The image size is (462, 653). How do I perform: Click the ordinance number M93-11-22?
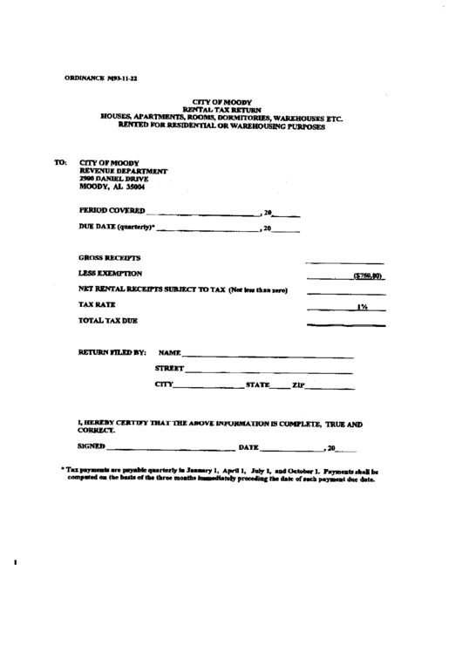coord(122,78)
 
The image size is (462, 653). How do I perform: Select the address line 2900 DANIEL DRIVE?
coord(113,179)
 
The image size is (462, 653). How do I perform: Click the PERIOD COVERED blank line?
coord(203,214)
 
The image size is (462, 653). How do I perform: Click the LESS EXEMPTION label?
coord(110,274)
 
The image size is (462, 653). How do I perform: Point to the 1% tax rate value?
coord(361,307)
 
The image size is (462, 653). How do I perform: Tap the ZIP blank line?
coord(324,387)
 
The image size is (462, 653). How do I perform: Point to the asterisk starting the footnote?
coord(64,469)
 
